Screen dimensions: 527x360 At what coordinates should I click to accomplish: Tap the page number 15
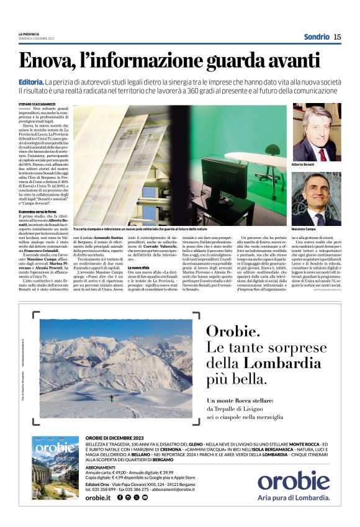click(x=337, y=37)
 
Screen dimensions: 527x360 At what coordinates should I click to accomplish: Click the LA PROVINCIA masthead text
click(x=29, y=34)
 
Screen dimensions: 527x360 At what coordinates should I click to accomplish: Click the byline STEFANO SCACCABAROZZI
click(x=36, y=104)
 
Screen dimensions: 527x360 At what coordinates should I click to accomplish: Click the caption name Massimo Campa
click(x=304, y=229)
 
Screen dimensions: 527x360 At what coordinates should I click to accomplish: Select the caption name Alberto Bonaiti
click(x=304, y=164)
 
